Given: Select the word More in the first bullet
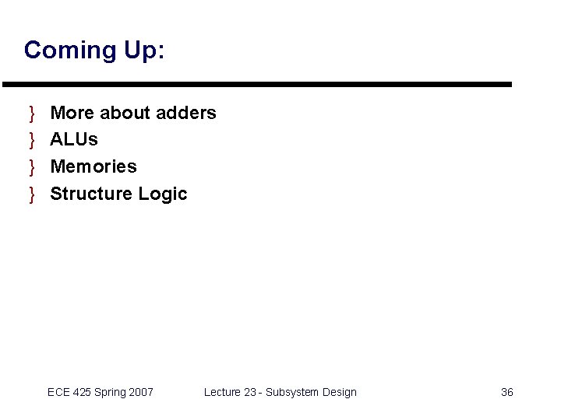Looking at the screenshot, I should tap(72, 113).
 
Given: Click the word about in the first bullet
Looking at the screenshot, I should tap(125, 113).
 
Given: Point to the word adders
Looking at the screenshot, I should tap(186, 113).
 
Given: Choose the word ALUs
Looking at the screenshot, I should tap(74, 140).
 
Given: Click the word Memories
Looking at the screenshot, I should tap(93, 166).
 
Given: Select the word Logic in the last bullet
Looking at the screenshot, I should tap(163, 194).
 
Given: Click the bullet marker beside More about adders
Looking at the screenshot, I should tap(32, 114).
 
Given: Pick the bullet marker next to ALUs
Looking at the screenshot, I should tap(32, 140).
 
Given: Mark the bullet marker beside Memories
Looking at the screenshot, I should tap(32, 167).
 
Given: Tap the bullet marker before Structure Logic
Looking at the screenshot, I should tap(32, 194).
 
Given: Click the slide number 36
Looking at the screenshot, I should tap(506, 392).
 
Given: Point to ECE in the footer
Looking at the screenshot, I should tap(58, 392).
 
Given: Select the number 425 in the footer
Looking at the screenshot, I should tap(82, 392).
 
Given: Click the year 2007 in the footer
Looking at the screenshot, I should tap(141, 392).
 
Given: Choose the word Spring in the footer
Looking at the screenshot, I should tap(110, 393).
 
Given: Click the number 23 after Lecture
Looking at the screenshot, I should tap(250, 392).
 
